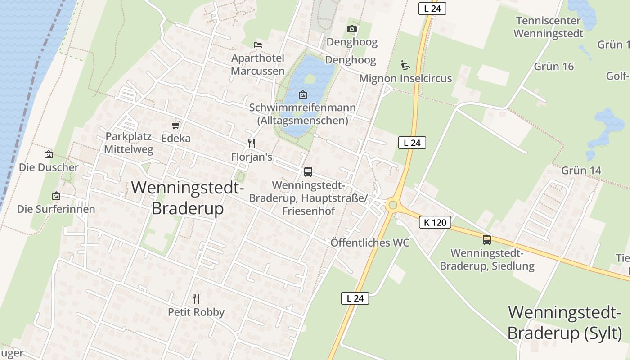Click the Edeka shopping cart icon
coord(176,125)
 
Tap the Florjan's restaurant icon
coord(252,144)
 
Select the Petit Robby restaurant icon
coord(196,298)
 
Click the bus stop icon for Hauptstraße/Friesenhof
coord(308,171)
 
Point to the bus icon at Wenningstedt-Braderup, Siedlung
coord(487,239)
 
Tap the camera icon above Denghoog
coord(352,29)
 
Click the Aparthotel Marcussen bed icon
coord(258,45)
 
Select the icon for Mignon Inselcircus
coord(405,65)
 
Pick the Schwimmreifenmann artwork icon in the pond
coord(303,94)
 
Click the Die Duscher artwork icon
coord(49,154)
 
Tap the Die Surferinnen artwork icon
coord(56,196)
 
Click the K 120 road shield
coord(435,222)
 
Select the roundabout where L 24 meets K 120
coord(393,205)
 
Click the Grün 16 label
coord(554,67)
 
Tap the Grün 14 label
coord(581,171)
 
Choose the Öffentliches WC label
coord(370,243)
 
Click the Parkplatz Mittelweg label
coord(129,143)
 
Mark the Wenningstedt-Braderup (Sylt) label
coord(565,323)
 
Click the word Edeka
coord(176,139)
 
